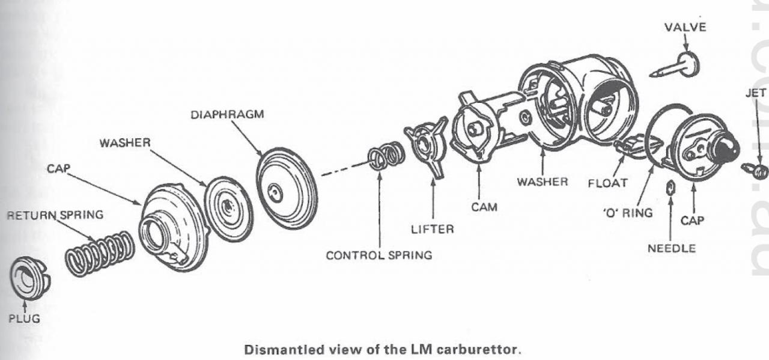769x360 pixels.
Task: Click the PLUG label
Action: (24, 319)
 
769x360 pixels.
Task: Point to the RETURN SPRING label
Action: (55, 214)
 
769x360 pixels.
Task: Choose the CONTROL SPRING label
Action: (378, 255)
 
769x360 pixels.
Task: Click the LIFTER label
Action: (433, 229)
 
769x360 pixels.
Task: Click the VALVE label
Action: (685, 28)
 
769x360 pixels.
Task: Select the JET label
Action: (755, 94)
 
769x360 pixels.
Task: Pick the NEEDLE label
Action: (671, 249)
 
